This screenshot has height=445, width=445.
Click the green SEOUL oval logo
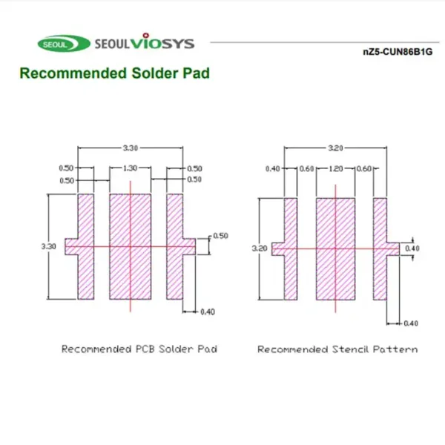click(64, 44)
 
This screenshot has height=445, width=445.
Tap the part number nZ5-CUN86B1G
click(398, 52)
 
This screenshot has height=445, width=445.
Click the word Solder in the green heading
click(154, 73)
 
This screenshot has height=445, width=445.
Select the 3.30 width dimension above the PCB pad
click(131, 148)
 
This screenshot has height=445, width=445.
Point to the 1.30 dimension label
click(131, 168)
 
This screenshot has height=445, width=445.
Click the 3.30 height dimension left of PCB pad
click(48, 246)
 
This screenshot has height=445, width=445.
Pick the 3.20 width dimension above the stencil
click(335, 148)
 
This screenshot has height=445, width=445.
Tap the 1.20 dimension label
click(336, 168)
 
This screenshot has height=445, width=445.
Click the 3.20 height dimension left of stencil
click(260, 248)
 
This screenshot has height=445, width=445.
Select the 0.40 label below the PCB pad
click(208, 312)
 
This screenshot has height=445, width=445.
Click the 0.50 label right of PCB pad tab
click(220, 236)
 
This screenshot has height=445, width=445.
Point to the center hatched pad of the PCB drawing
click(131, 247)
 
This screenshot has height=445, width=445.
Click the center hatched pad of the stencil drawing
click(335, 249)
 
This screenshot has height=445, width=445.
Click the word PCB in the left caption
click(145, 349)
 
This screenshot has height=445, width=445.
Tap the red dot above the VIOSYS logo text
click(146, 36)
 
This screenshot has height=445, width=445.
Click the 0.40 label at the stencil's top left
click(273, 169)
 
